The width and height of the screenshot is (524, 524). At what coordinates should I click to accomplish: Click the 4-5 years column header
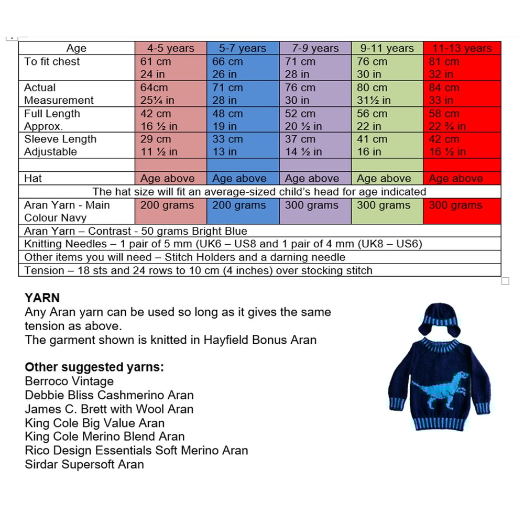170,48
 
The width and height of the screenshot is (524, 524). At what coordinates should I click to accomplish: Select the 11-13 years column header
462,48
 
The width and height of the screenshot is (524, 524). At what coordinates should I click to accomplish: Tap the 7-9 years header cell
315,48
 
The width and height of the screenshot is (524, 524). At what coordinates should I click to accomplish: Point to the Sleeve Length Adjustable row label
60,145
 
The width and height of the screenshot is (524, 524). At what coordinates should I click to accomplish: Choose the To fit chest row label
52,61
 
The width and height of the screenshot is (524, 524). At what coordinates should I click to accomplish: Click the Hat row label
32,178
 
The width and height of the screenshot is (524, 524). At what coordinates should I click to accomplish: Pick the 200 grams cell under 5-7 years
239,205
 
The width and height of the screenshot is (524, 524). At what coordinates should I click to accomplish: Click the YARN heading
42,298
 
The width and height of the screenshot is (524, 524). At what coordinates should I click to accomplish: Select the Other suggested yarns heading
94,367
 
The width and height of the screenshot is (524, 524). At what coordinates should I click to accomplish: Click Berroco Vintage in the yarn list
69,381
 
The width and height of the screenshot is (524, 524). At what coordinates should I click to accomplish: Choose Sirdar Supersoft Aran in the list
84,464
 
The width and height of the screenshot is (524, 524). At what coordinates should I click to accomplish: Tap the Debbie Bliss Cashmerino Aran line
109,395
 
